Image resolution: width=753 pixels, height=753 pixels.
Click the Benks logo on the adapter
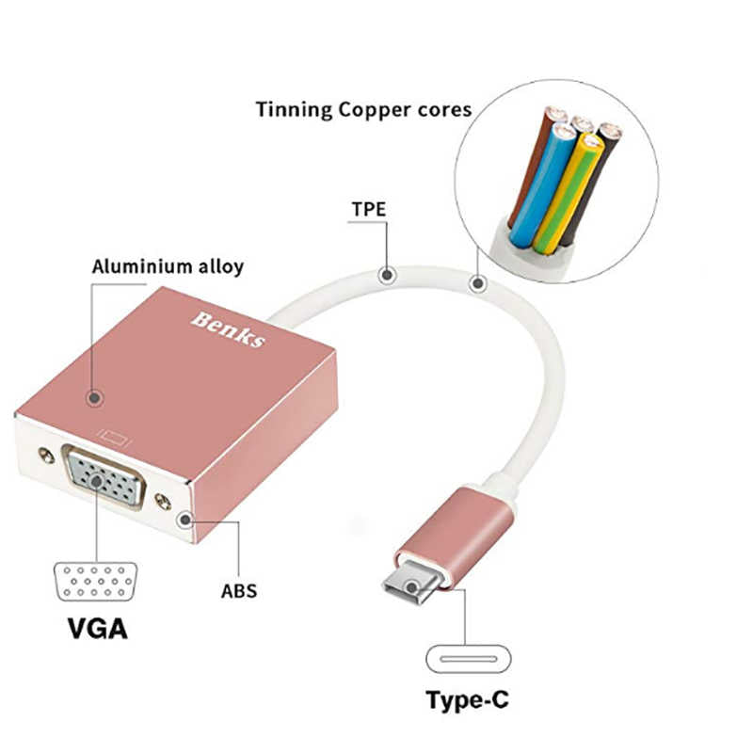(x=228, y=328)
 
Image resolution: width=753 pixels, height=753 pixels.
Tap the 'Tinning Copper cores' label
(x=363, y=109)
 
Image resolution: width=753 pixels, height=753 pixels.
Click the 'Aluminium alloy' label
(x=168, y=266)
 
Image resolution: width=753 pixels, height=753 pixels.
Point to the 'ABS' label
(x=238, y=592)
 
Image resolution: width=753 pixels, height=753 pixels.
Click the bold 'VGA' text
(x=96, y=628)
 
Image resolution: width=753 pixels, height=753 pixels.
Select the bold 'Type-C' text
(x=470, y=700)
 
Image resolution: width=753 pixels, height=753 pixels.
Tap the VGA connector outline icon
(x=95, y=584)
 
